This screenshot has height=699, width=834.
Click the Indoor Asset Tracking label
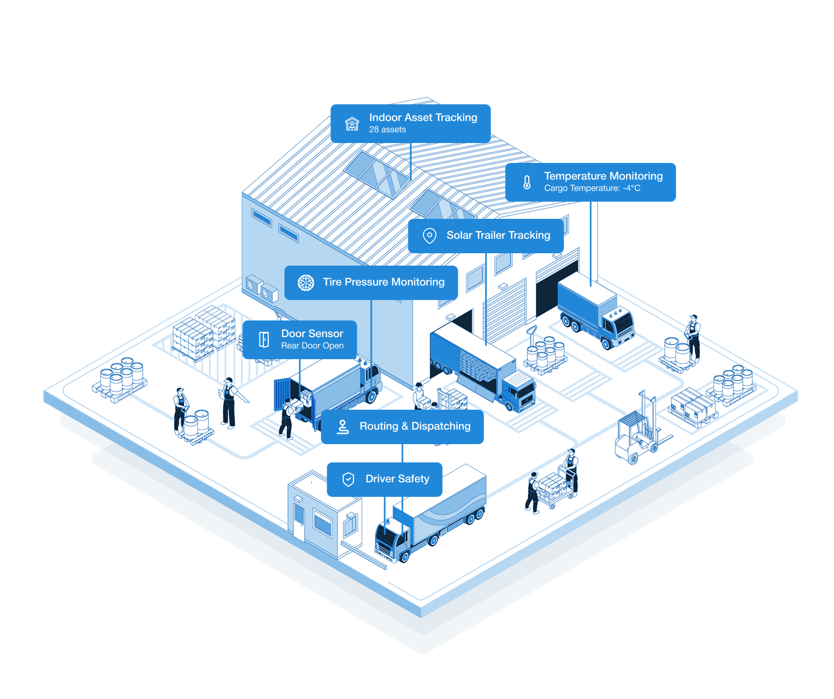pyautogui.click(x=410, y=124)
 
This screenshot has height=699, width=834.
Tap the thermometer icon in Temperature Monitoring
pyautogui.click(x=527, y=182)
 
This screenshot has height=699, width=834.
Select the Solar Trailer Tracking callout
pyautogui.click(x=486, y=236)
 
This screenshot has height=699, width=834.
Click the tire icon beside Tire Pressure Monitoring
pyautogui.click(x=306, y=283)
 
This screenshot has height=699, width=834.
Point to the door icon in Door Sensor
pyautogui.click(x=264, y=340)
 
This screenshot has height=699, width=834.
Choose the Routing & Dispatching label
pyautogui.click(x=402, y=426)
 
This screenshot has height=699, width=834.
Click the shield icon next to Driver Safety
pyautogui.click(x=348, y=479)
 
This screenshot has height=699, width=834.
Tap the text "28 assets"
pyautogui.click(x=387, y=130)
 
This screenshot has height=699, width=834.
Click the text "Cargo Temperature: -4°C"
pyautogui.click(x=592, y=188)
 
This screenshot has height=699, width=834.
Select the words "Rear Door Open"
pyautogui.click(x=312, y=346)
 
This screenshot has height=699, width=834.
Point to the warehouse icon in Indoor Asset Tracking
pyautogui.click(x=352, y=124)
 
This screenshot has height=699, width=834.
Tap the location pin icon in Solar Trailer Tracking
pyautogui.click(x=429, y=236)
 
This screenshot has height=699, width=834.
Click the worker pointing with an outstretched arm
pyautogui.click(x=231, y=403)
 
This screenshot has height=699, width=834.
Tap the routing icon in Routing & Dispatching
pyautogui.click(x=342, y=427)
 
